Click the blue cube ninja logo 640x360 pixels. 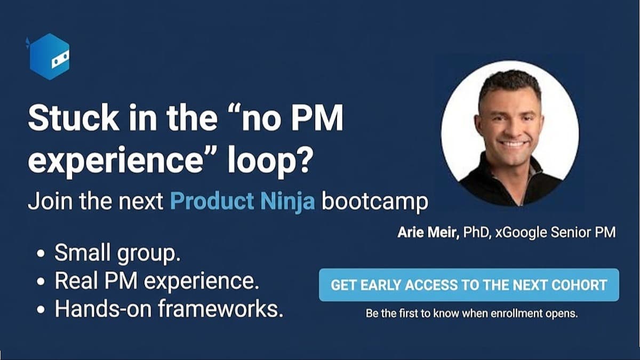49,57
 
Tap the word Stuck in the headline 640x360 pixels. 74,118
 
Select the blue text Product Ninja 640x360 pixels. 243,201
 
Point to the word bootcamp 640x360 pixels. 375,202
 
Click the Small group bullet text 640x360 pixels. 117,253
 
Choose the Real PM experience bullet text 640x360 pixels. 157,281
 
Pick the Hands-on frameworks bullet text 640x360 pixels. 169,309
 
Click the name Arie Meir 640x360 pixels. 428,233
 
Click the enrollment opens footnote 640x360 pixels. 471,314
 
